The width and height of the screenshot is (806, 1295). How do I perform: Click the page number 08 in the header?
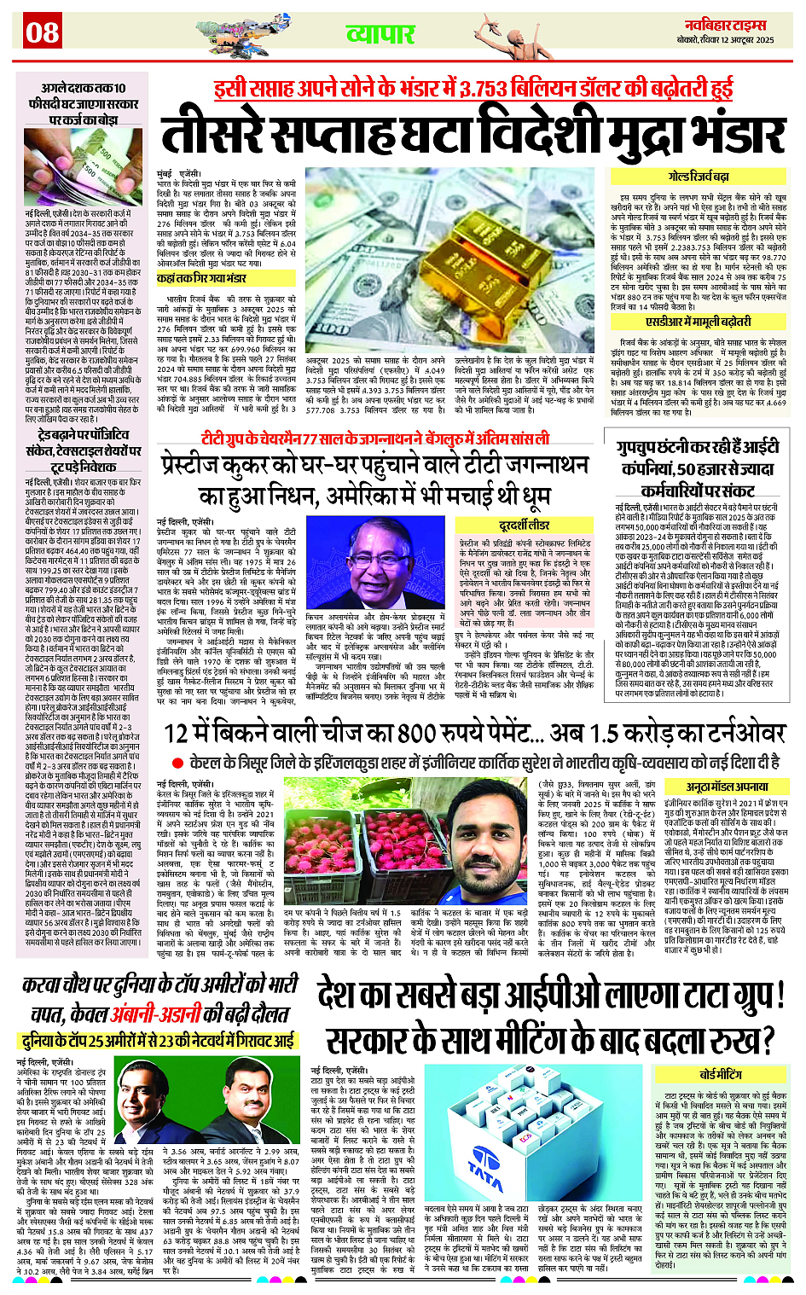tap(42, 32)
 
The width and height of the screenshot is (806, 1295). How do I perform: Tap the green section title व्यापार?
tap(380, 34)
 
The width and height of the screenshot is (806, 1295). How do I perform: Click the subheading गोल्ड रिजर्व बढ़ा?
tap(699, 177)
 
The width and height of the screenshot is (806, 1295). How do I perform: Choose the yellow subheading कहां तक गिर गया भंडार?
tap(201, 278)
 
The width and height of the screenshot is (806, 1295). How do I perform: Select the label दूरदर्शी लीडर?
tap(525, 525)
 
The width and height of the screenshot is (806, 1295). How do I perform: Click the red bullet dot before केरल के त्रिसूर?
tap(177, 763)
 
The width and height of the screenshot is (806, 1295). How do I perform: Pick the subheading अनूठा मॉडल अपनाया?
tap(727, 787)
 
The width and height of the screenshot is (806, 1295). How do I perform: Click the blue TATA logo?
tap(486, 1177)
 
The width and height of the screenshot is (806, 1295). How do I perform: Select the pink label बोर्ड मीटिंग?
tap(721, 1075)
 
